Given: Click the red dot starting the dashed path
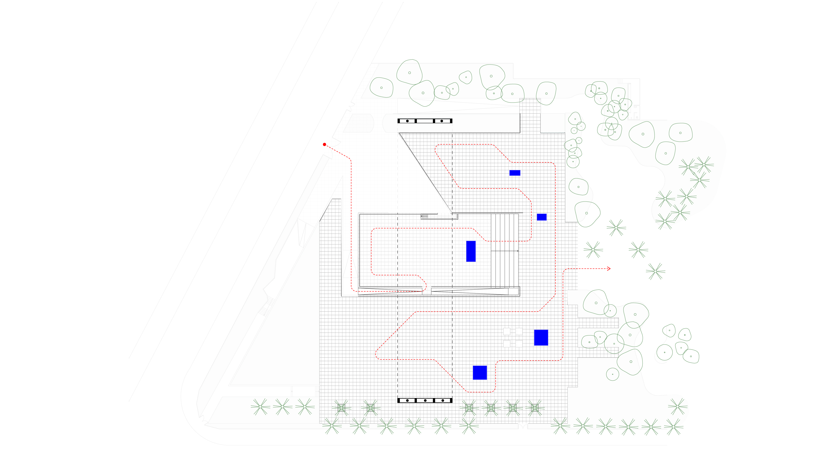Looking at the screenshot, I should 324,144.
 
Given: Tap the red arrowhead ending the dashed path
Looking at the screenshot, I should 609,268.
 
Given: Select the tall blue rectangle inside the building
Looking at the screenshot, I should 471,251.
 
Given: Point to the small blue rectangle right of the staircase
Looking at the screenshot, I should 541,217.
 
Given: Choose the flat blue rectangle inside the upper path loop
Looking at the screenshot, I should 515,173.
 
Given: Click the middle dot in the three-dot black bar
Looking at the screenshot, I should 425,400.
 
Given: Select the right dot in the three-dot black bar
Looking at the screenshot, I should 442,400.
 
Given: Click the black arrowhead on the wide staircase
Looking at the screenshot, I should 517,251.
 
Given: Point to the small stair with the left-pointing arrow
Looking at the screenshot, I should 424,216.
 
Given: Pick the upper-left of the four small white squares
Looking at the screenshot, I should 506,331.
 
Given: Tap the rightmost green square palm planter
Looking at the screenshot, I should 535,408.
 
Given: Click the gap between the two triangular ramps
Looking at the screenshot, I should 427,291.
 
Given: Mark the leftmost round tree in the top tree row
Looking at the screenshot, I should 381,87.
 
